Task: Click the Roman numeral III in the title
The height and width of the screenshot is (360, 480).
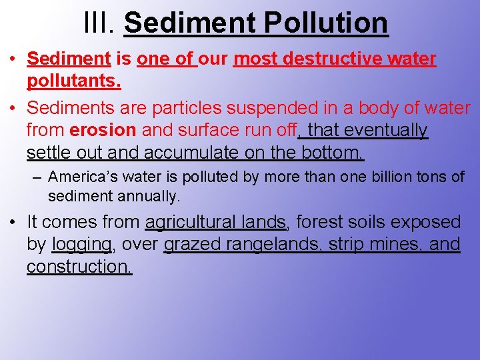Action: click(x=100, y=22)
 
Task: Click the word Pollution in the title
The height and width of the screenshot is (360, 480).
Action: click(x=326, y=22)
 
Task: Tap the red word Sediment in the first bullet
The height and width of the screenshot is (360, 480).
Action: click(x=69, y=59)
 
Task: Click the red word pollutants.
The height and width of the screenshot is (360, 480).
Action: click(x=74, y=81)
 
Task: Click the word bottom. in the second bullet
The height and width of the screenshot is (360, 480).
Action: click(x=333, y=153)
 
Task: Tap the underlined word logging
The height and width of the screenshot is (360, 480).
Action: click(x=82, y=245)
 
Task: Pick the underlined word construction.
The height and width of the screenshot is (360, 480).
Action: click(x=79, y=267)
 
